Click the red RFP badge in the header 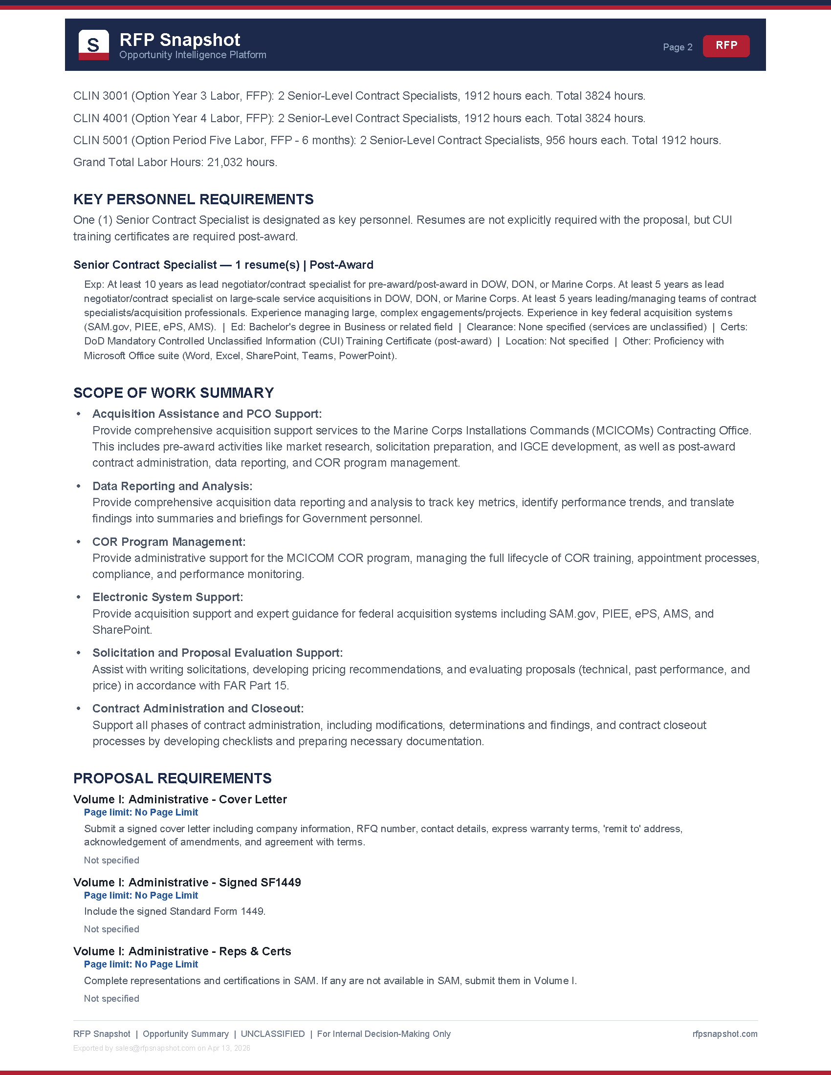click(x=725, y=46)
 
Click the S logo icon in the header click(x=93, y=45)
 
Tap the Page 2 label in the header click(x=678, y=47)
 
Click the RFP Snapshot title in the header click(x=180, y=40)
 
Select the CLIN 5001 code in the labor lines click(x=100, y=140)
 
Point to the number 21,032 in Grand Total click(x=223, y=162)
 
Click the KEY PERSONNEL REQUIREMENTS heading click(x=194, y=199)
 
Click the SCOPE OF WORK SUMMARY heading click(x=174, y=393)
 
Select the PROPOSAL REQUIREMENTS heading click(x=172, y=778)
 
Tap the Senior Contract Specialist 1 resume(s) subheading click(x=223, y=265)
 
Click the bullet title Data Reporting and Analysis click(x=172, y=486)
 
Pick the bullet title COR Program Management click(x=169, y=542)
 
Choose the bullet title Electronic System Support click(x=167, y=597)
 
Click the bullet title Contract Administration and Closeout click(x=198, y=709)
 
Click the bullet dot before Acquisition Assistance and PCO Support click(x=78, y=414)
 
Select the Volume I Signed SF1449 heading click(x=187, y=882)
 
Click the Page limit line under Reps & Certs click(x=141, y=964)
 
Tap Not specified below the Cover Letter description click(x=112, y=860)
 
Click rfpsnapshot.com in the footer click(x=724, y=1033)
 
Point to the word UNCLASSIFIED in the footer click(x=272, y=1033)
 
